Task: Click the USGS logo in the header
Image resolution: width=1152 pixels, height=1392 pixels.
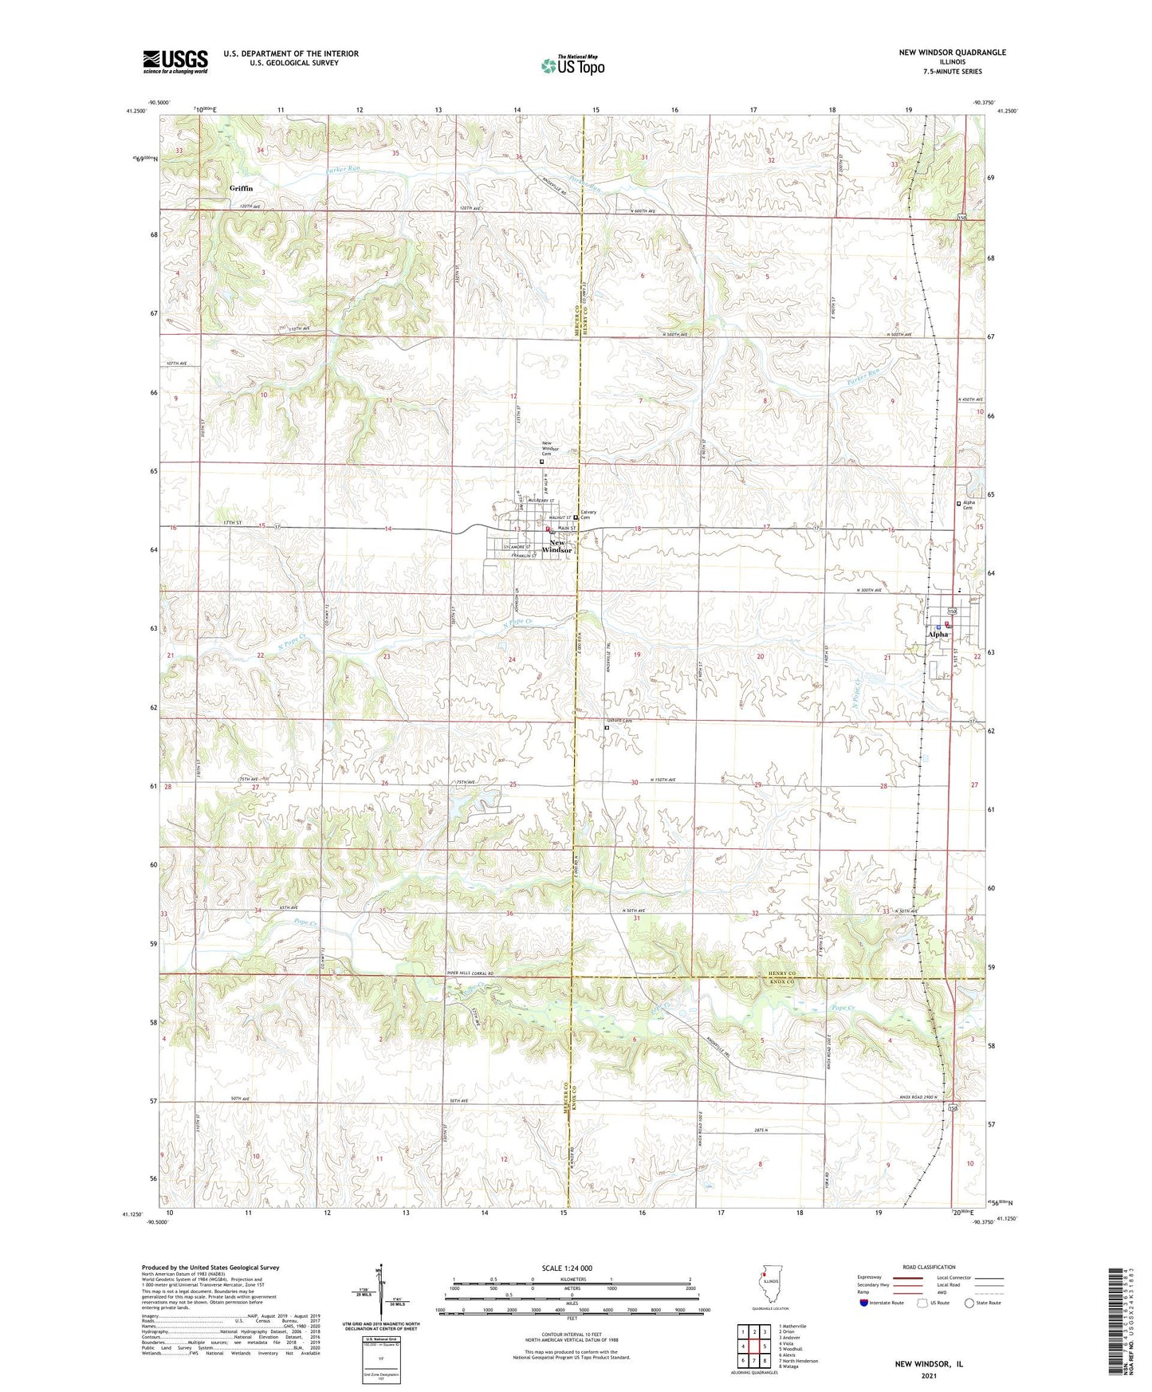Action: point(175,61)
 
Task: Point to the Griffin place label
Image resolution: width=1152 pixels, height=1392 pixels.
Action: point(241,188)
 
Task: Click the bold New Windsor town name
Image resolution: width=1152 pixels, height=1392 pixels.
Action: point(557,546)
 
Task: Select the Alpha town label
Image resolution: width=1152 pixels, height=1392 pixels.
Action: point(938,635)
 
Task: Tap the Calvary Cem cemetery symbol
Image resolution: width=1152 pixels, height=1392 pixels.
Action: point(576,517)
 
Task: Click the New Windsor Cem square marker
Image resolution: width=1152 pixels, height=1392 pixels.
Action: point(542,461)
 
